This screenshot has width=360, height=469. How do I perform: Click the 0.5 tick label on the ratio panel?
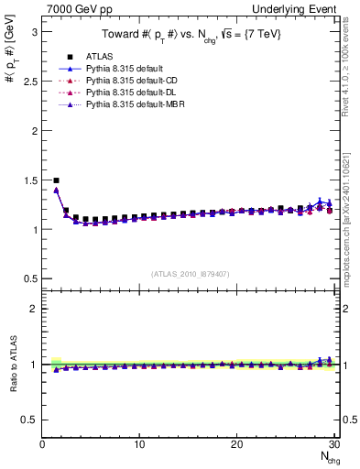pyautogui.click(x=28, y=420)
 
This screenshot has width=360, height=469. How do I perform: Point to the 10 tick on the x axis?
pyautogui.click(x=139, y=444)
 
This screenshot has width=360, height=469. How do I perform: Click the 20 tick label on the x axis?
pyautogui.click(x=236, y=444)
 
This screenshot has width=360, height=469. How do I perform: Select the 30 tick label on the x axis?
pyautogui.click(x=333, y=444)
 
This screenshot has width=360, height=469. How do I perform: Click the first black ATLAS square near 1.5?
pyautogui.click(x=57, y=180)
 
